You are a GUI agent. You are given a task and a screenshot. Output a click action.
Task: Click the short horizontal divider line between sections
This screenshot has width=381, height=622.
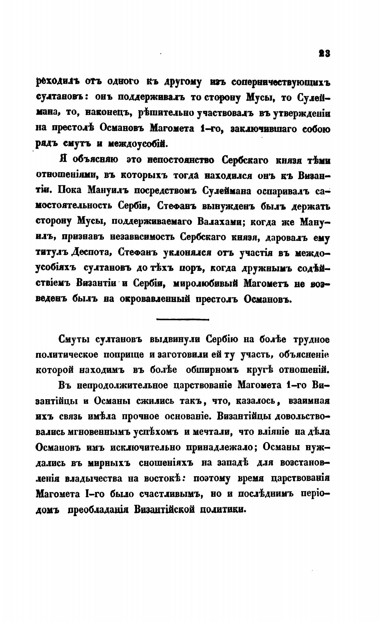point(182,320)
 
